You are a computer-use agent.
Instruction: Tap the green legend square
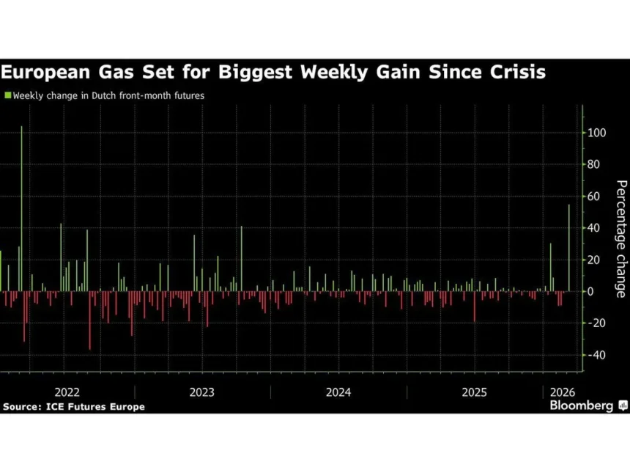(x=8, y=95)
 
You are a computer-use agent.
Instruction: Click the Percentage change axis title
(x=620, y=238)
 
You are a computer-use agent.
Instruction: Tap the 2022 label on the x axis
(x=67, y=392)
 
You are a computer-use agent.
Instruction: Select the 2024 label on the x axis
(x=338, y=392)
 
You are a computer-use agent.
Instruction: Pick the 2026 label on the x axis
(x=561, y=392)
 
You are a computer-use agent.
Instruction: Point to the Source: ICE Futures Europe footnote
(x=74, y=406)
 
